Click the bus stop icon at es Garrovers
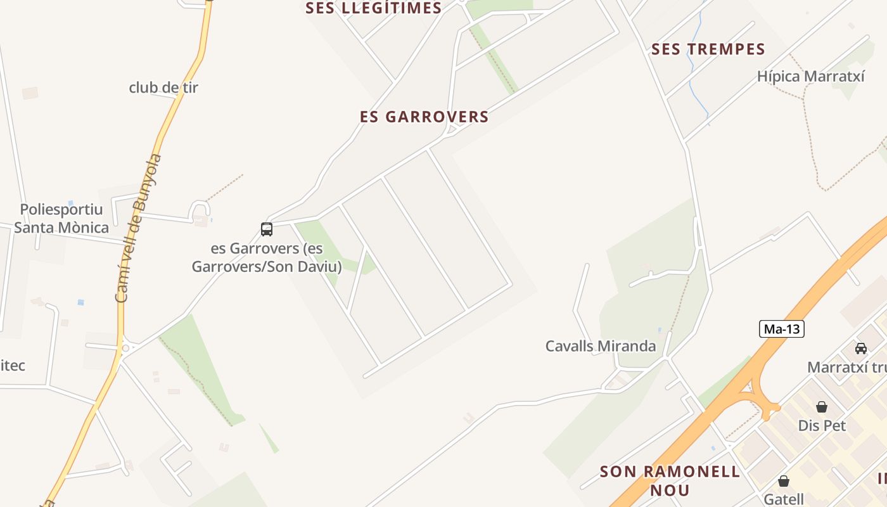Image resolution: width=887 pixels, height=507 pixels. coord(267,229)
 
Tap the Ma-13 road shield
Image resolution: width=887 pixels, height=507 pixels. coord(781,329)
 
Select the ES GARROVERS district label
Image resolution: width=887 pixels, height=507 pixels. coord(424,117)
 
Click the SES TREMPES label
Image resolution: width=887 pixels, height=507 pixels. coord(708,49)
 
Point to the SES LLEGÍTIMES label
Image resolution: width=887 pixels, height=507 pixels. coord(373,8)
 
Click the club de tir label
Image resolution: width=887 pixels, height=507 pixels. coord(163,87)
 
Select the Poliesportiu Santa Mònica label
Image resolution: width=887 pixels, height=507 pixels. coord(61,219)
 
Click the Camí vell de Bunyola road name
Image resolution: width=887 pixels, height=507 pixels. coord(139,228)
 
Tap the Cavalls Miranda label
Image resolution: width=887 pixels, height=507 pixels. coord(601,346)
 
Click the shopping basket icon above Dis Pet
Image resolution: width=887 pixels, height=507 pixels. coord(822,407)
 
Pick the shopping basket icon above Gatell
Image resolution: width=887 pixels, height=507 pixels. coord(784,481)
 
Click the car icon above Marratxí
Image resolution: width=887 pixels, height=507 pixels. coord(861,348)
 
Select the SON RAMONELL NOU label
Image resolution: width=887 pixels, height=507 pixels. coord(670,480)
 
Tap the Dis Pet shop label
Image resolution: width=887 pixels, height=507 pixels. coord(822,425)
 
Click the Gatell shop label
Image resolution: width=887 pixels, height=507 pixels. coord(784,499)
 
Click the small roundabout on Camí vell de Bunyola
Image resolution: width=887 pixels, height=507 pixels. coord(125,348)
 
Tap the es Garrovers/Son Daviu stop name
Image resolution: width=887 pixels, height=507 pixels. coord(266,257)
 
